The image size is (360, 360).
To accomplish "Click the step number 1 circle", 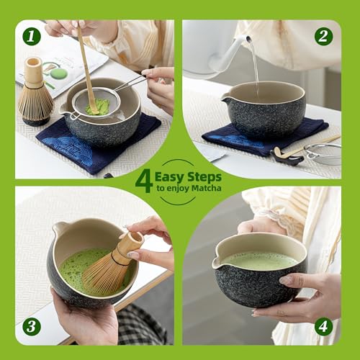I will pyautogui.click(x=32, y=36).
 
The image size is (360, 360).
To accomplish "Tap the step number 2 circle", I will pyautogui.click(x=323, y=36).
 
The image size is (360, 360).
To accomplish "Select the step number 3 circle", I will pyautogui.click(x=32, y=326).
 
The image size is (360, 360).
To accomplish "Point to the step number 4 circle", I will pyautogui.click(x=323, y=326).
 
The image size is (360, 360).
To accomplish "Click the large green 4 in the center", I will pyautogui.click(x=144, y=180).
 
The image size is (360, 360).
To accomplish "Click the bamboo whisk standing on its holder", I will pyautogui.click(x=34, y=94).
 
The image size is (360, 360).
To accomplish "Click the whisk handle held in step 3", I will pyautogui.click(x=130, y=243).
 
